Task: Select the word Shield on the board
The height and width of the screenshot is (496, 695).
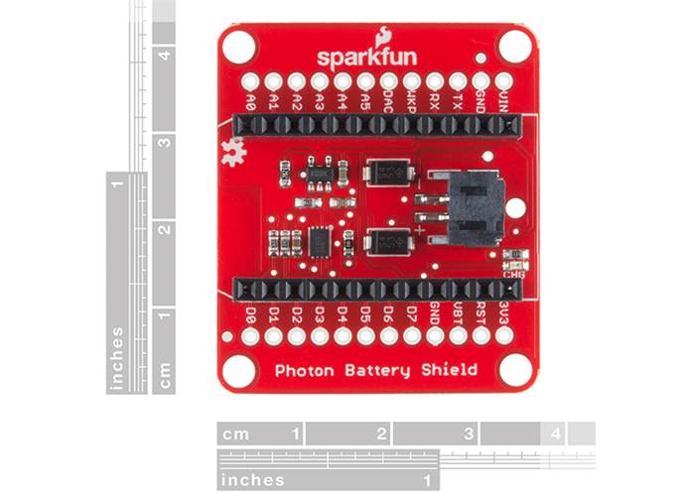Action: tap(450, 371)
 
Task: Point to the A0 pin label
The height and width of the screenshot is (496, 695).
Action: tap(251, 100)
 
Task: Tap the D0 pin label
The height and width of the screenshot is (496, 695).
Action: tap(250, 315)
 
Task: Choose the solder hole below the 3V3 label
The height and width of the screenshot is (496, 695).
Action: tap(504, 336)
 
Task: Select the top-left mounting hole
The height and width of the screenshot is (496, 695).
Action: tap(239, 46)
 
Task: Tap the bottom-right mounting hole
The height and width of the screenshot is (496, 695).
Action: tap(514, 370)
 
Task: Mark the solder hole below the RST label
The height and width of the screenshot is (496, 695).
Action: tap(482, 336)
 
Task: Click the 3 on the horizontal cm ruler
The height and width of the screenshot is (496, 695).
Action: tap(468, 434)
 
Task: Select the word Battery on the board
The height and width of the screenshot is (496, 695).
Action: tap(374, 371)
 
